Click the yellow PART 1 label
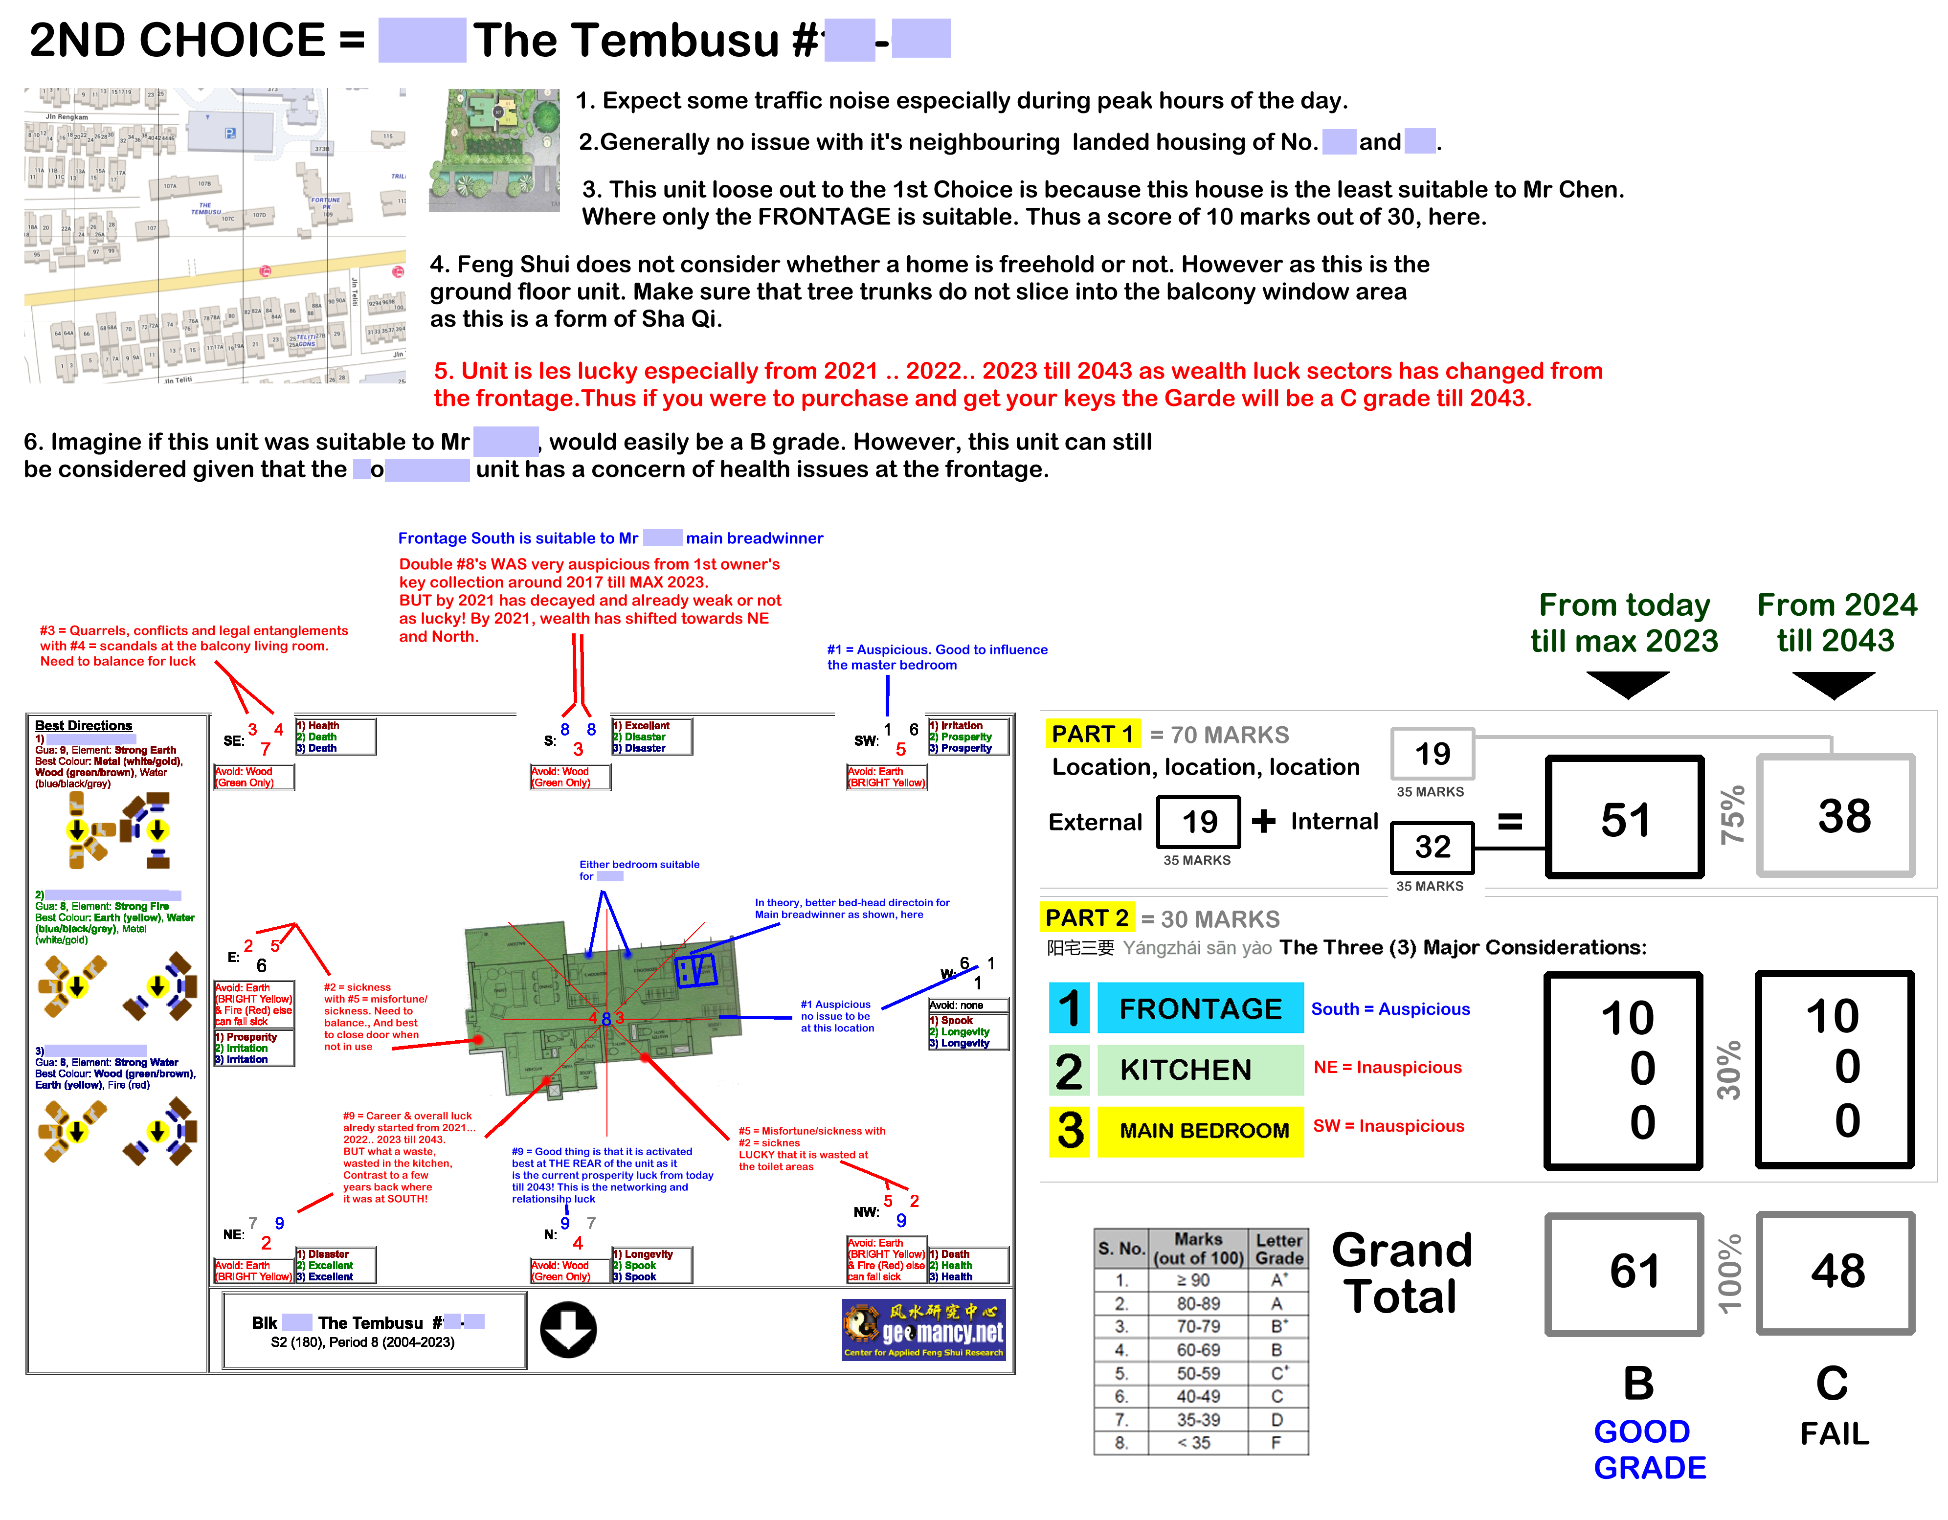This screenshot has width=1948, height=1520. click(1092, 734)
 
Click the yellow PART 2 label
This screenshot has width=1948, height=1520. click(1086, 918)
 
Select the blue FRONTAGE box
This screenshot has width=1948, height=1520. click(1200, 1009)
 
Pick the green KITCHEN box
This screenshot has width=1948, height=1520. click(1200, 1070)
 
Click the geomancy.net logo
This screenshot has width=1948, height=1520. click(924, 1329)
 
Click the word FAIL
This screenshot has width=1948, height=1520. click(1834, 1433)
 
